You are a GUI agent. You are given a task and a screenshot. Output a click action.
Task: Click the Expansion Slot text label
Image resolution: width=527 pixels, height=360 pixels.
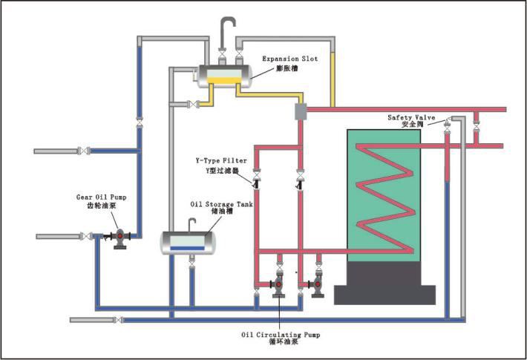coord(291,58)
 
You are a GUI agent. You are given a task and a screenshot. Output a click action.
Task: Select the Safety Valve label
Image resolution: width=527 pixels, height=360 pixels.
coord(410,117)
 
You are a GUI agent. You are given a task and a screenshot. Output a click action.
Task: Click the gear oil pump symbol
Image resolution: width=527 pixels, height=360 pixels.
coord(120,238)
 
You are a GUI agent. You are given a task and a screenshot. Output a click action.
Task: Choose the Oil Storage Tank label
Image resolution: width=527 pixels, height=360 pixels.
coord(221,203)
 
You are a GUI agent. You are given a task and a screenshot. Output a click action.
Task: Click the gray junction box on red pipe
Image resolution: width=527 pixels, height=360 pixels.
coord(301,111)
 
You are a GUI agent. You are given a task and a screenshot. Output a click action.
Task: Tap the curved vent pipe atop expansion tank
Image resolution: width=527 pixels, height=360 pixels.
coord(226,30)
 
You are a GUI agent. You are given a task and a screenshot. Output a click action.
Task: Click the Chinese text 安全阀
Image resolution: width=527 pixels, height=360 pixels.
coord(411,125)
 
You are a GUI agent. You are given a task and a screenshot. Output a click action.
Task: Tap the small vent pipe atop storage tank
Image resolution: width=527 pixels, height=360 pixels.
coord(191,223)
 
